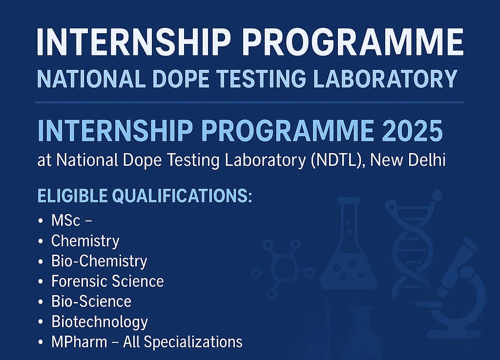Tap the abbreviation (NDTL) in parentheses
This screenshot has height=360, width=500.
click(338, 160)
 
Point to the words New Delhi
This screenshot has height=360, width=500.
click(409, 160)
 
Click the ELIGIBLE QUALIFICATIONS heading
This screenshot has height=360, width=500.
click(145, 196)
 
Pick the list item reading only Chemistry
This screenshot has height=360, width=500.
click(85, 240)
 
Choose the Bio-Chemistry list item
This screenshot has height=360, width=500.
click(99, 261)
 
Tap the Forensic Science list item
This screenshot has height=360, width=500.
click(107, 281)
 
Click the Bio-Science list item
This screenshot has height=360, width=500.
click(91, 301)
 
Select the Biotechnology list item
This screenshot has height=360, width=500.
click(99, 321)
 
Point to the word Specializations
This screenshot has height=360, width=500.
click(199, 342)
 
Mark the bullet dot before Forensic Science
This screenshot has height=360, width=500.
click(40, 281)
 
